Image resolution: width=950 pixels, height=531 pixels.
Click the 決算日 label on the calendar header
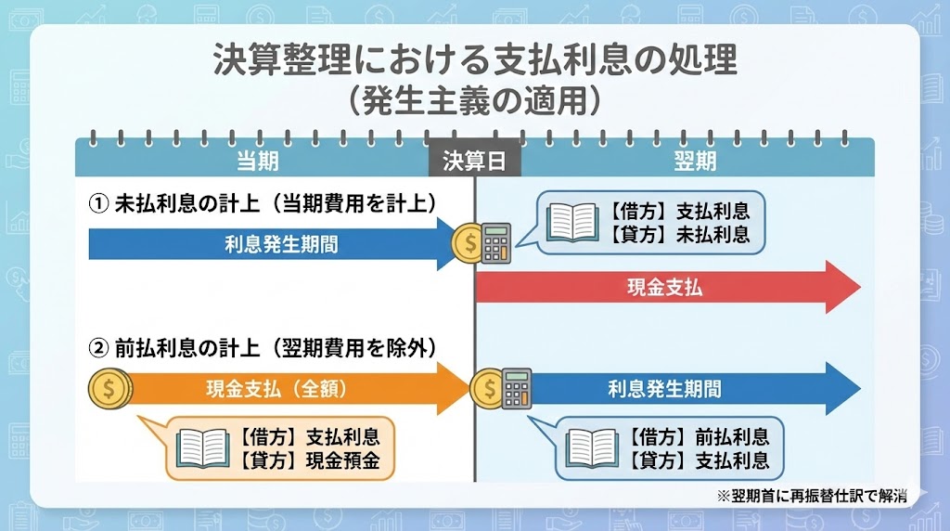pos(474,162)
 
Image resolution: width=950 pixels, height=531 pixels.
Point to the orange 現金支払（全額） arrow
pos(278,389)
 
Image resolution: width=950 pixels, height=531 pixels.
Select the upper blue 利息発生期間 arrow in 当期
pos(269,245)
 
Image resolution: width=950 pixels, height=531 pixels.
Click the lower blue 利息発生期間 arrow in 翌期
pos(668,389)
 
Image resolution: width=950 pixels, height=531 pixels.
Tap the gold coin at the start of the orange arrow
pos(109,389)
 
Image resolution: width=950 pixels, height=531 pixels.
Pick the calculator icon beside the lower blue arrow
pos(515,387)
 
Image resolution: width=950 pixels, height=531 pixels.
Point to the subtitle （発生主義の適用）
pos(474,99)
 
